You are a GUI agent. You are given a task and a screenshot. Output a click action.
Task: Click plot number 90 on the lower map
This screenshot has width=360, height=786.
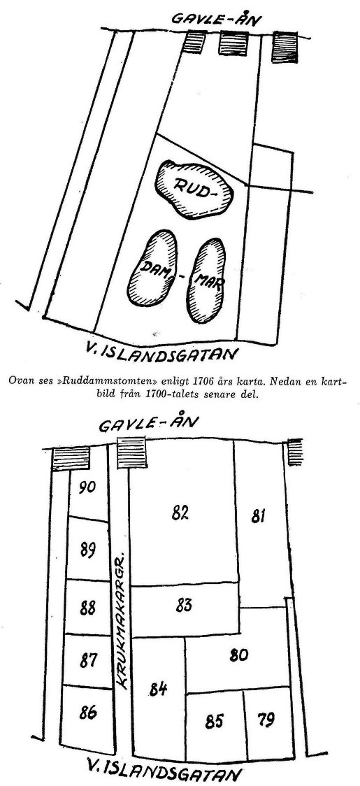pyautogui.click(x=87, y=487)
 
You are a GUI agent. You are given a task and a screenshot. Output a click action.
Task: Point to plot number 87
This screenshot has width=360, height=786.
pyautogui.click(x=88, y=662)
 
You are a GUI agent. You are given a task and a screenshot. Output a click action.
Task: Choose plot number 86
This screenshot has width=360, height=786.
pyautogui.click(x=88, y=713)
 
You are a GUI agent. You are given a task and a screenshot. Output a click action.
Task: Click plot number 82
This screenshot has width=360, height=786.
pyautogui.click(x=180, y=513)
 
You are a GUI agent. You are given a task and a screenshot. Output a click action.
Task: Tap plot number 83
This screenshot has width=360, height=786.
pyautogui.click(x=184, y=605)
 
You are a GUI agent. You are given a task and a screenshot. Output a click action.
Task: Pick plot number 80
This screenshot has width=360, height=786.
pyautogui.click(x=238, y=655)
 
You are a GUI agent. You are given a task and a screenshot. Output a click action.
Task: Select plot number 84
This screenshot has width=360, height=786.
pyautogui.click(x=158, y=689)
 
